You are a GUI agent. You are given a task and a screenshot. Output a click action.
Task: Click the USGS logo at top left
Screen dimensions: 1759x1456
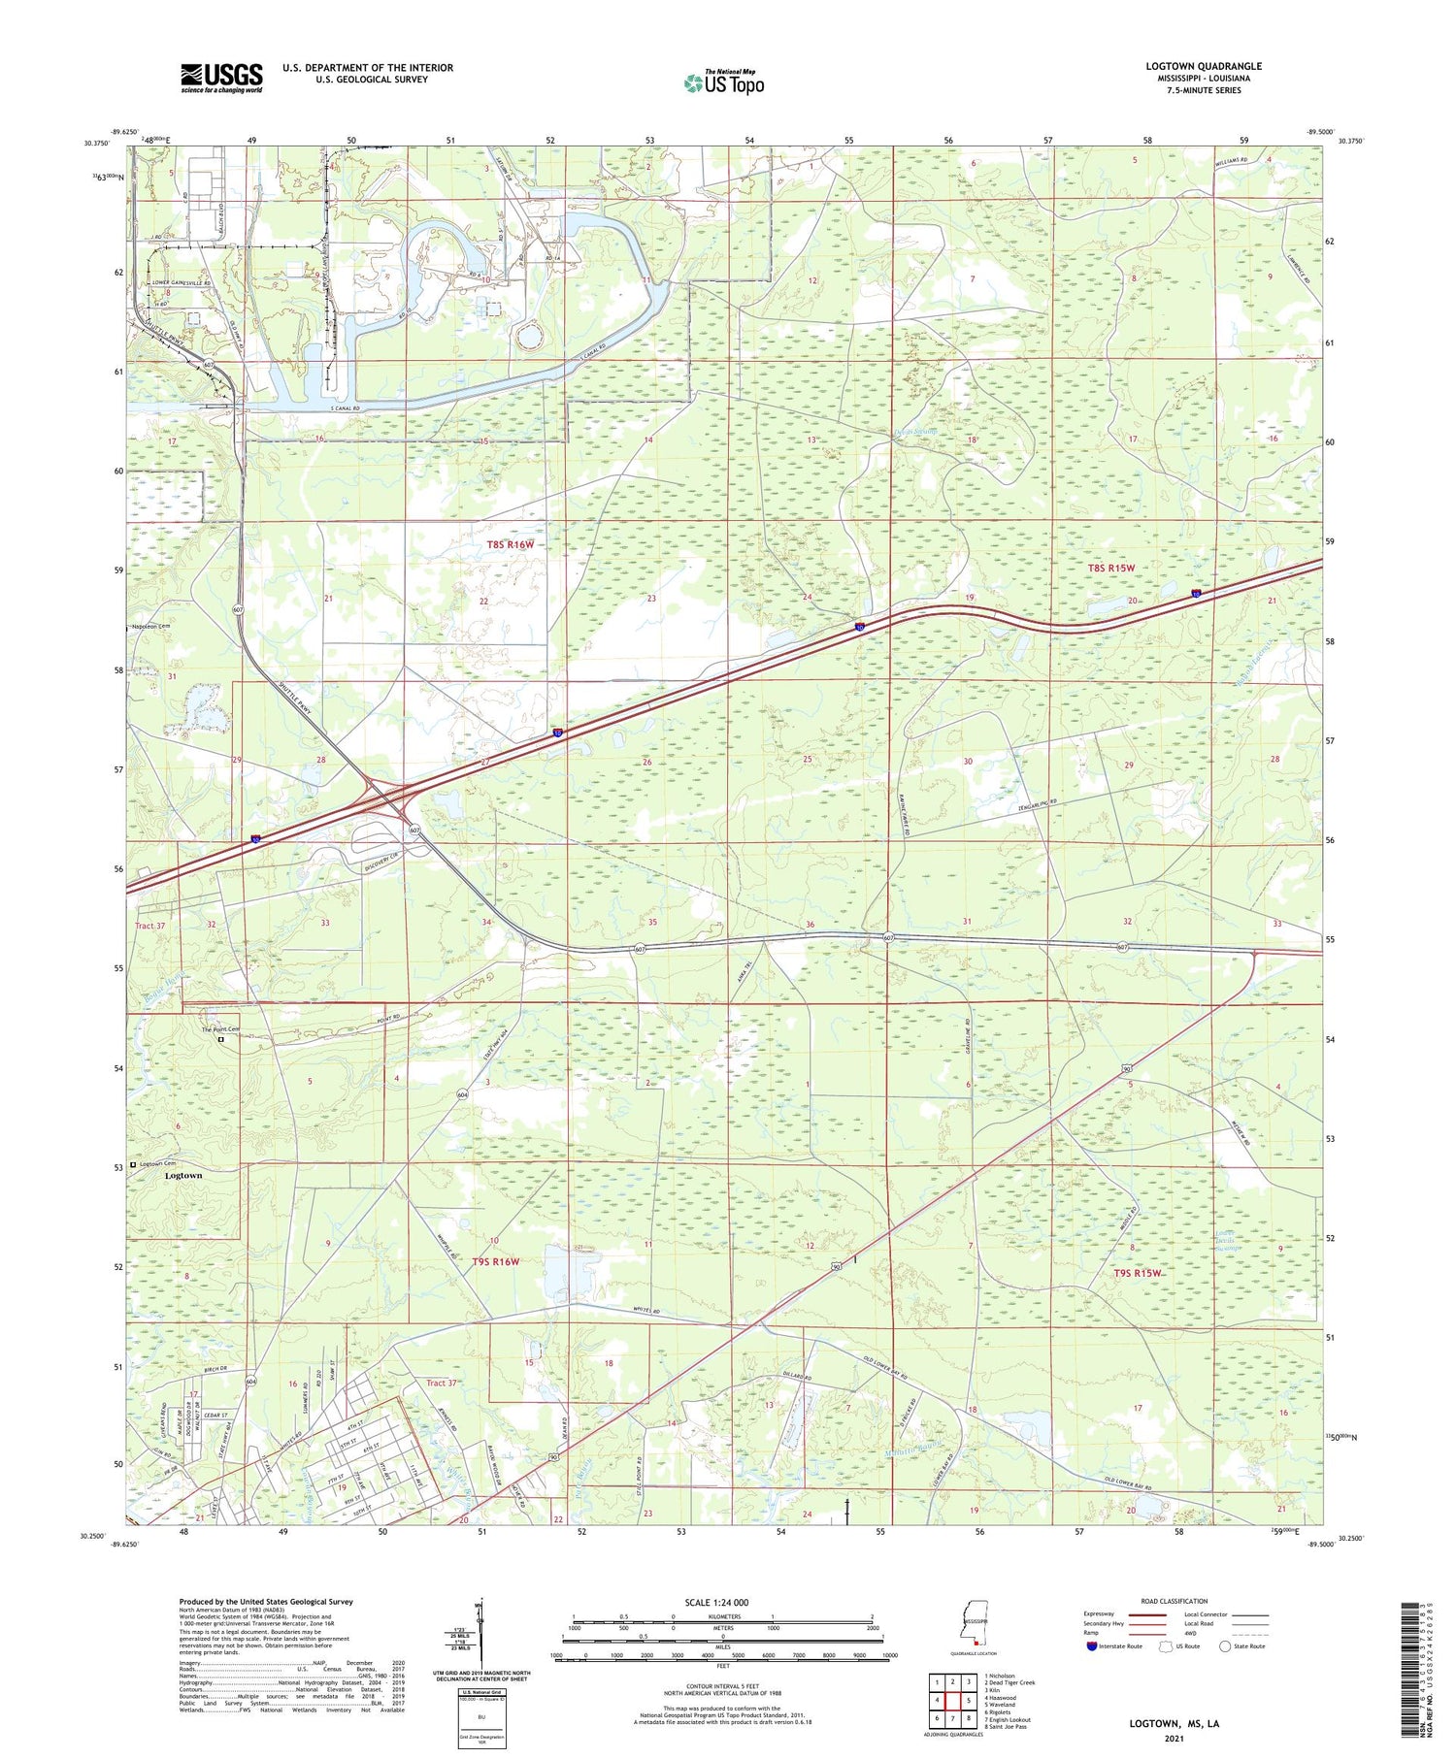[221, 78]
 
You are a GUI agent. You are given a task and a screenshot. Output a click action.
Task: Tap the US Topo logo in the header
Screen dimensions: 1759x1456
[723, 83]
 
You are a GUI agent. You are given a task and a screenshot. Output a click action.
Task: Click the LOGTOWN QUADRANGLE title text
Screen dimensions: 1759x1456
[1203, 66]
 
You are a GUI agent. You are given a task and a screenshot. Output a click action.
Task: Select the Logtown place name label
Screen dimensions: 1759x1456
[183, 1175]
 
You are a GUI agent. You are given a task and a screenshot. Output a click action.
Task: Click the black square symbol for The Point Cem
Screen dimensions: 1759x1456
[220, 1039]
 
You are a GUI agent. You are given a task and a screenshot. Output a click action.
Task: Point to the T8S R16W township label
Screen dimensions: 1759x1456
[511, 545]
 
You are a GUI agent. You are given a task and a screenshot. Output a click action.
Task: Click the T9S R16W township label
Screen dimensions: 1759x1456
[496, 1261]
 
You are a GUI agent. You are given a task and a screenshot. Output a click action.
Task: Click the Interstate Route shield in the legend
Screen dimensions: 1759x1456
[1092, 1646]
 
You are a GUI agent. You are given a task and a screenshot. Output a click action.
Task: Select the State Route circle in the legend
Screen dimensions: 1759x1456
[1226, 1646]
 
